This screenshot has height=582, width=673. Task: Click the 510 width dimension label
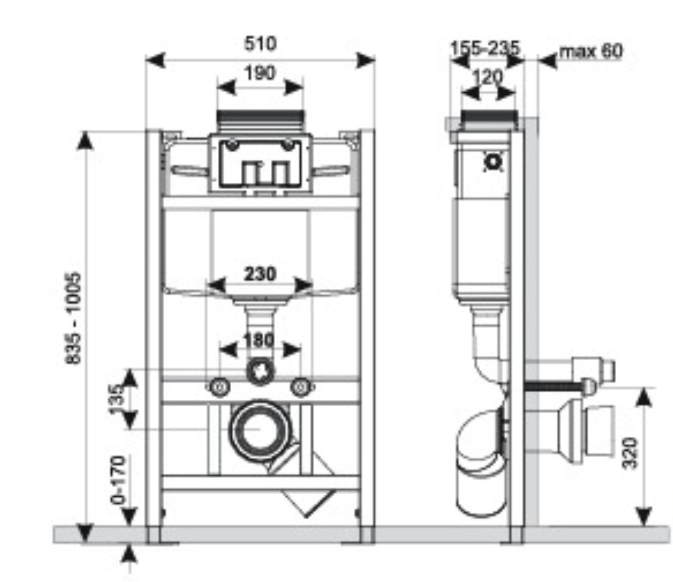[260, 43]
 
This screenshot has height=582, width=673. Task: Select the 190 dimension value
[260, 73]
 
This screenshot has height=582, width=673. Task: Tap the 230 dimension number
[260, 274]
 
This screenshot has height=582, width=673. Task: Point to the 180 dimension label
[259, 340]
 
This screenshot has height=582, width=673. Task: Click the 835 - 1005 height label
[74, 318]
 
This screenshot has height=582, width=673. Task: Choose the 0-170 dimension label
[118, 480]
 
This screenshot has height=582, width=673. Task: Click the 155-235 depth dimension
[485, 48]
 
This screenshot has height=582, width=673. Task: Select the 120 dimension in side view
[487, 77]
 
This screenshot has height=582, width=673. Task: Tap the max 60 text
[591, 51]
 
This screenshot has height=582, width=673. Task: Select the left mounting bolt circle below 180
[219, 387]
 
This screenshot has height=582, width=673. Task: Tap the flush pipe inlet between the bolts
[260, 372]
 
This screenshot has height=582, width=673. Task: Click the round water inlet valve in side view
[493, 162]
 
